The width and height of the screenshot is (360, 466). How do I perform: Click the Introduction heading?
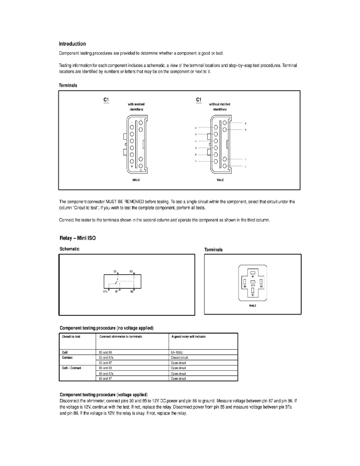[x=72, y=44]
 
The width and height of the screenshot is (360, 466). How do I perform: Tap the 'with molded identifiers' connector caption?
[x=136, y=107]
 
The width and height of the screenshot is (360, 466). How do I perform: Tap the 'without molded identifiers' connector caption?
[x=220, y=107]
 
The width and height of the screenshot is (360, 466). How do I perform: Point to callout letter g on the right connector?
[x=245, y=124]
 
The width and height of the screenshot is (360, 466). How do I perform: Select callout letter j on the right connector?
[x=245, y=167]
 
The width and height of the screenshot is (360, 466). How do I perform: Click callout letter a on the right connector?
[x=195, y=128]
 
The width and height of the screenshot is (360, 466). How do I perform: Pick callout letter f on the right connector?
[x=195, y=161]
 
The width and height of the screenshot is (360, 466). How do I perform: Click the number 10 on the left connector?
[x=140, y=171]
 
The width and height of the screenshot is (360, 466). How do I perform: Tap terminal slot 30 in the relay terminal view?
[x=253, y=291]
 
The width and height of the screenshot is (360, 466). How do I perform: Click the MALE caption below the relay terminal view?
[x=253, y=306]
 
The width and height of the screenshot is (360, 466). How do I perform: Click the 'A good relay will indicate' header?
[x=188, y=337]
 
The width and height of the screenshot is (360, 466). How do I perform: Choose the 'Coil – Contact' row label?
[x=72, y=368]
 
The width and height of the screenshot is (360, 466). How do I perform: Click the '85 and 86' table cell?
[x=105, y=352]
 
